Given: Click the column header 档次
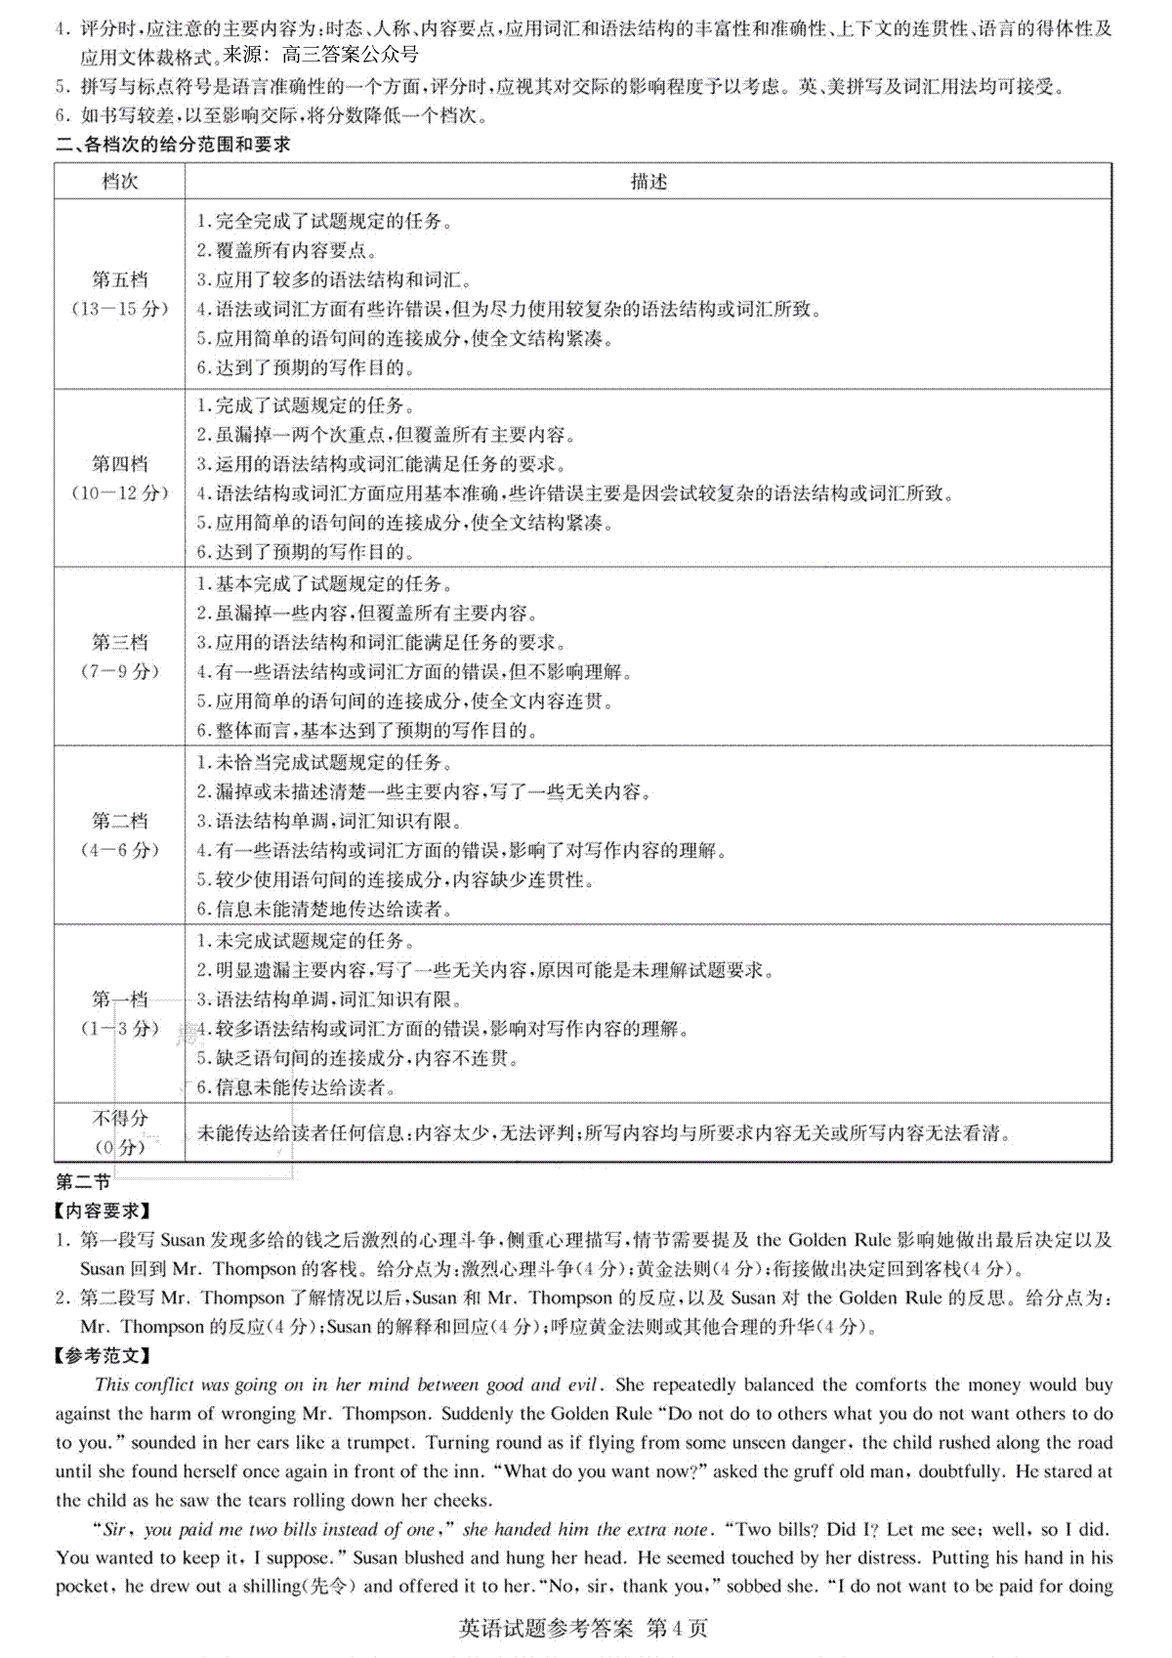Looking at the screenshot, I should click(119, 182).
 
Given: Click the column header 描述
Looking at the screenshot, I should click(649, 182).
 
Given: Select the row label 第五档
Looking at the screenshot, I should click(119, 279).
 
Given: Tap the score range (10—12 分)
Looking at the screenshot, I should click(119, 493).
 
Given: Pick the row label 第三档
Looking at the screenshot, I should click(119, 642).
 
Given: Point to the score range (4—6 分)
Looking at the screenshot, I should click(119, 850).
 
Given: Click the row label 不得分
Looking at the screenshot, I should click(119, 1118).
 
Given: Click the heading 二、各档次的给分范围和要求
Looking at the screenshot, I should click(173, 145).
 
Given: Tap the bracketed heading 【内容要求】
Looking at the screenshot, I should click(103, 1211).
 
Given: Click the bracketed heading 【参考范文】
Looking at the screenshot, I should click(103, 1355).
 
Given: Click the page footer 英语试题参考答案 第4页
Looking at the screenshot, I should click(583, 1629).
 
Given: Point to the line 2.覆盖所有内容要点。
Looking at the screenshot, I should click(287, 250).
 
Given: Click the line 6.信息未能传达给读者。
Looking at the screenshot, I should click(295, 1087).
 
